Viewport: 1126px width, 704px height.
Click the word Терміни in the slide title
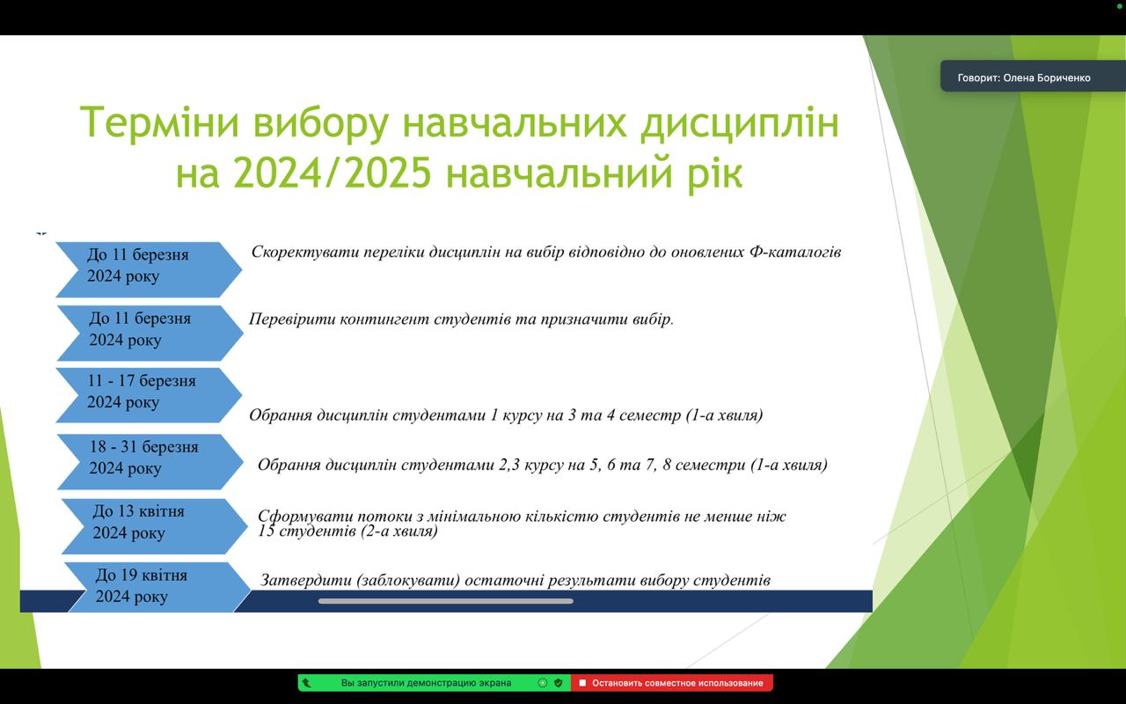(159, 122)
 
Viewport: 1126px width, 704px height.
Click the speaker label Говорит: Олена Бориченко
(1023, 78)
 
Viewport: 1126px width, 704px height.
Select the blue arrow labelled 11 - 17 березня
(149, 395)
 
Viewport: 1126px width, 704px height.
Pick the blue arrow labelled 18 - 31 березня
(150, 461)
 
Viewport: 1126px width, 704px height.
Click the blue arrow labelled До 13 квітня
(154, 526)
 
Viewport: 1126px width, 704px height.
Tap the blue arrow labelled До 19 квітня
(157, 587)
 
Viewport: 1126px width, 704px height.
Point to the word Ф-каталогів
(795, 252)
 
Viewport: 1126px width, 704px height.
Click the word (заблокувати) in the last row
(408, 581)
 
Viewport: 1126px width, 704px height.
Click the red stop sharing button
(672, 683)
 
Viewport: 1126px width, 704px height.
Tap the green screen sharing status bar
(435, 683)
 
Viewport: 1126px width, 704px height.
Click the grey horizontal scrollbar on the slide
(446, 601)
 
